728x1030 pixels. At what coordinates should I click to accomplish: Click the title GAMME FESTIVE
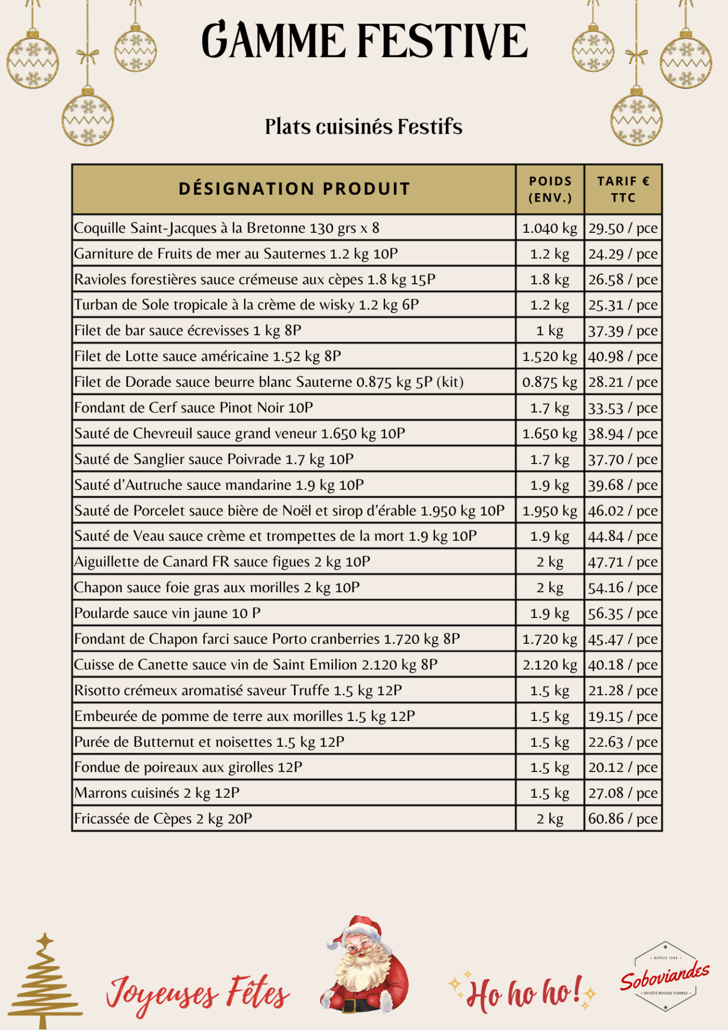pyautogui.click(x=364, y=41)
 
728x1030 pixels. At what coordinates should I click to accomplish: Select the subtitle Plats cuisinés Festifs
pyautogui.click(x=364, y=127)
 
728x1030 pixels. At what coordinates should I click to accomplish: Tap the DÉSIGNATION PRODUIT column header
pyautogui.click(x=294, y=189)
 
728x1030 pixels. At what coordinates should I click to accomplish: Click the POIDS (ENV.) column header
pyautogui.click(x=550, y=189)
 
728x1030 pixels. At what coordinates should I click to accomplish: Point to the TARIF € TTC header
pyautogui.click(x=623, y=189)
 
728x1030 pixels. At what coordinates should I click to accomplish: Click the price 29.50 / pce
pyautogui.click(x=623, y=228)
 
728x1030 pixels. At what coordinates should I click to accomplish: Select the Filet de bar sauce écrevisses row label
pyautogui.click(x=188, y=330)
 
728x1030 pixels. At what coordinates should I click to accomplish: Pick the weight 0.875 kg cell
pyautogui.click(x=550, y=382)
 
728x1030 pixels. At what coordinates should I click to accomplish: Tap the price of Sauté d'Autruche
pyautogui.click(x=623, y=485)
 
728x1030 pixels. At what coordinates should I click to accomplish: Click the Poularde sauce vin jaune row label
pyautogui.click(x=167, y=613)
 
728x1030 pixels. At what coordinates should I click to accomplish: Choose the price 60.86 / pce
pyautogui.click(x=623, y=819)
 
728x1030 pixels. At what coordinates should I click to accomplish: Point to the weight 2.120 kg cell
pyautogui.click(x=550, y=665)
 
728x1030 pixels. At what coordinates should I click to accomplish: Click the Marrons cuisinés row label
pyautogui.click(x=157, y=793)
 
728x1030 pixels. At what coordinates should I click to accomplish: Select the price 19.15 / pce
pyautogui.click(x=623, y=716)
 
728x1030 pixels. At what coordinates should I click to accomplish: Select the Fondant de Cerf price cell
pyautogui.click(x=623, y=408)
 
